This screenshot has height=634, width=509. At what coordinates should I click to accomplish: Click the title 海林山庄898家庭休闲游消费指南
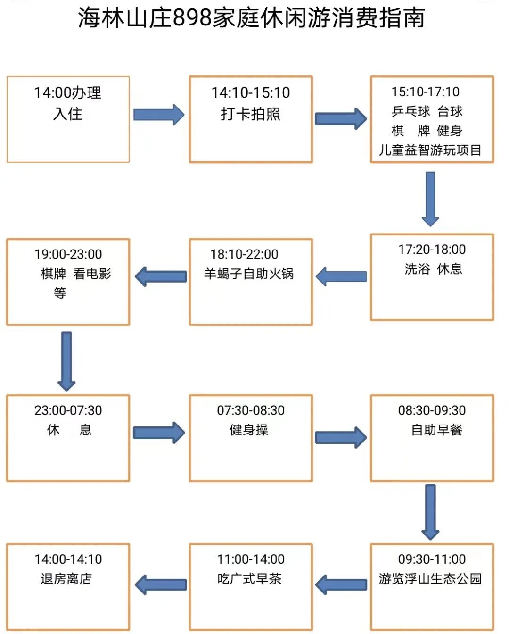[x=251, y=18]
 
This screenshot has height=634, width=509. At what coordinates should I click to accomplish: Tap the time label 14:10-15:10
[x=250, y=92]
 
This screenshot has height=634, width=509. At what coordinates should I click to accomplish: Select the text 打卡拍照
[x=250, y=114]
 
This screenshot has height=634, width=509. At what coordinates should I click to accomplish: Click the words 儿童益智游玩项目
[x=430, y=150]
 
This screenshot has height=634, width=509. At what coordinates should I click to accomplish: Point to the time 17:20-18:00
[x=432, y=249]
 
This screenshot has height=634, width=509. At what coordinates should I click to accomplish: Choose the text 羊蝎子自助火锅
[x=248, y=274]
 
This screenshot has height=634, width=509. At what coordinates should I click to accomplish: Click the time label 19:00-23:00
[x=68, y=254]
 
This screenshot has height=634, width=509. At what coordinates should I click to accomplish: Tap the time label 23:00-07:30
[x=68, y=410]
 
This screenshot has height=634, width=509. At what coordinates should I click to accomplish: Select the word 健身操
[x=248, y=430]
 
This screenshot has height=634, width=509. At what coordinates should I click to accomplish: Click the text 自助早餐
[x=436, y=430]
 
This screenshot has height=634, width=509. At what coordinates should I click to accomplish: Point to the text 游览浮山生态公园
[x=430, y=578]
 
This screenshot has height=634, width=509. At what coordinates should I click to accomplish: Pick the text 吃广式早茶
[x=249, y=578]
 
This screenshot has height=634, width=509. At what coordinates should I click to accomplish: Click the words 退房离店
[x=66, y=578]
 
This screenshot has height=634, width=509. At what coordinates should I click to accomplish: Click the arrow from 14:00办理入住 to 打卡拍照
[x=159, y=115]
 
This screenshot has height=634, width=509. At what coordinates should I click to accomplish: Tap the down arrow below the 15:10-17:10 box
[x=430, y=199]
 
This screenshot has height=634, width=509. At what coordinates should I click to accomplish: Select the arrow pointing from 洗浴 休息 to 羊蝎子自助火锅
[x=341, y=276]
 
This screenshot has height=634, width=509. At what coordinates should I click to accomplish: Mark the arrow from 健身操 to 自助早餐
[x=341, y=437]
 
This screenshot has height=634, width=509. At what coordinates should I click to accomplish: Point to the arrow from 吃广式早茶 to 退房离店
[x=161, y=585]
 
